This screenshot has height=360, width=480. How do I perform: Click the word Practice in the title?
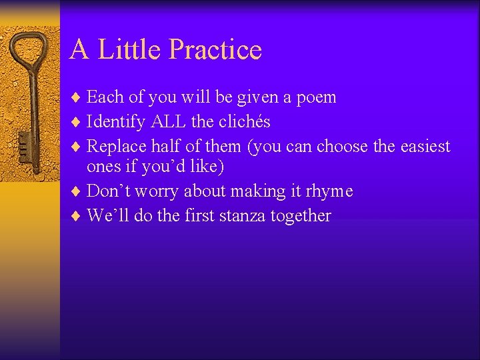[215, 49]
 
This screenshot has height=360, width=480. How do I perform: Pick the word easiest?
[426, 146]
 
